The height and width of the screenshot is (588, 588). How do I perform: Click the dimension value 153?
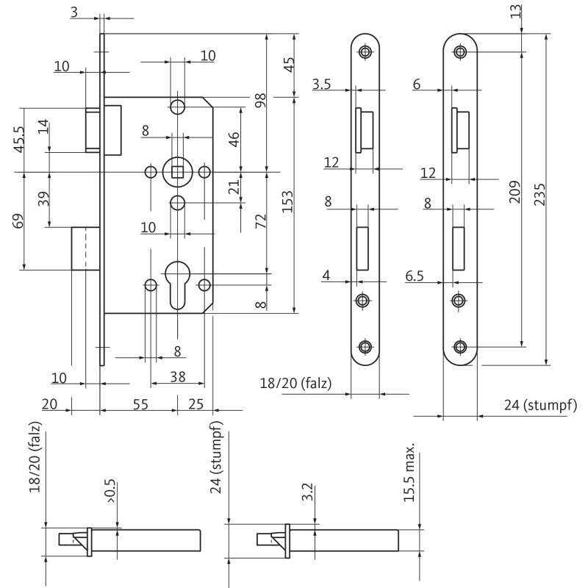tap(287, 201)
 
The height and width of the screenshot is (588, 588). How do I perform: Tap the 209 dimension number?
tap(514, 193)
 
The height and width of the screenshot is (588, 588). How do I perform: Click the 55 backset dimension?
tap(140, 404)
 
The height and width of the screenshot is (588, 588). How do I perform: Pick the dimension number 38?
tap(177, 377)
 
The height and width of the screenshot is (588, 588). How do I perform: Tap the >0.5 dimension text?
tap(110, 491)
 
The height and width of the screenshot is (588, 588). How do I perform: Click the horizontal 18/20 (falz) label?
tap(295, 383)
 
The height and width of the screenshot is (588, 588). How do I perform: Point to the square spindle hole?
tap(177, 172)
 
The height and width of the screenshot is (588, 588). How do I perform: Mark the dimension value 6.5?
tap(415, 276)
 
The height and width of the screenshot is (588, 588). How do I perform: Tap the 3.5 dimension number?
tap(321, 85)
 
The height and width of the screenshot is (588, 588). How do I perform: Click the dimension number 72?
tap(259, 223)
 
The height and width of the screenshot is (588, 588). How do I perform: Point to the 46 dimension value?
tap(233, 139)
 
